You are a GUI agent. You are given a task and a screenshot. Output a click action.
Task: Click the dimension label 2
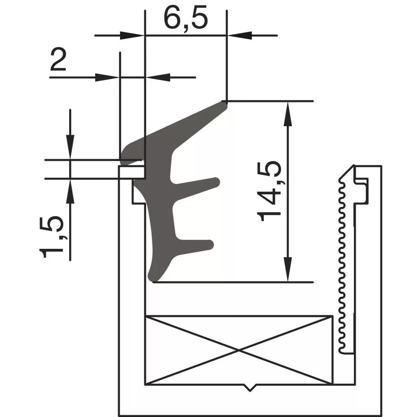(x=58, y=59)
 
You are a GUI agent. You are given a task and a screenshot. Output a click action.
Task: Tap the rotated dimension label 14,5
(x=269, y=191)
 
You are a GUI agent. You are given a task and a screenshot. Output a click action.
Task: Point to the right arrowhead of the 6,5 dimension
(x=239, y=35)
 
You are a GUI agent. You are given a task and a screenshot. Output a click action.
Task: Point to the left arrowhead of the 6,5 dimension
(x=132, y=35)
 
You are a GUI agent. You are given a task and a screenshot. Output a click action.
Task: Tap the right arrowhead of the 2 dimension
(x=158, y=77)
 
